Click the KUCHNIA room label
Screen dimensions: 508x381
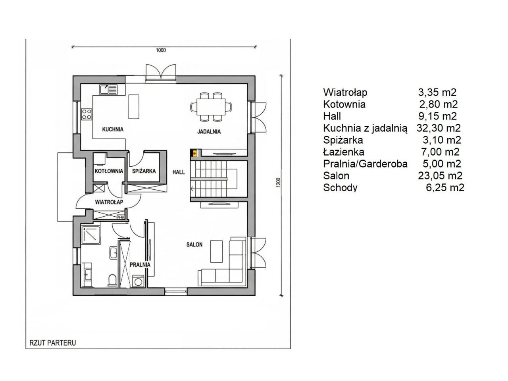coord(113,129)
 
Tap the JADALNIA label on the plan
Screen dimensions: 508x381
coord(209,132)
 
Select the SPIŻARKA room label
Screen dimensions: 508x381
coord(144,171)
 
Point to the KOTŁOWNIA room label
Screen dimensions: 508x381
coord(109,171)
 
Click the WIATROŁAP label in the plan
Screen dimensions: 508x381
coord(109,202)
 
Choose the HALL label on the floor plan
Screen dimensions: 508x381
coord(179,172)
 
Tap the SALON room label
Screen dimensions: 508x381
coord(194,244)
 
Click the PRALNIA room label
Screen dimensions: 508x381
coord(140,265)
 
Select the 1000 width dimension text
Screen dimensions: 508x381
coord(161,50)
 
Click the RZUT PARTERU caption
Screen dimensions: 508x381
coord(53,343)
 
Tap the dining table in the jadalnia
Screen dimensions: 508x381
coord(211,107)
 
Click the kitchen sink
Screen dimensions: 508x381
coord(108,90)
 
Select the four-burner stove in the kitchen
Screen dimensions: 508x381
coord(87,115)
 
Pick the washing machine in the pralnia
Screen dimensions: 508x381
coord(139,281)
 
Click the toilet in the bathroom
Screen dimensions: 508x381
coord(112,280)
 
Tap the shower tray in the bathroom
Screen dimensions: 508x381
coord(91,235)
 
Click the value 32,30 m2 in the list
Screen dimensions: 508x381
coord(439,128)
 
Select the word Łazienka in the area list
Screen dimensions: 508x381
coord(344,152)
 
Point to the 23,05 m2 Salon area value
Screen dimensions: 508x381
coord(440,176)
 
